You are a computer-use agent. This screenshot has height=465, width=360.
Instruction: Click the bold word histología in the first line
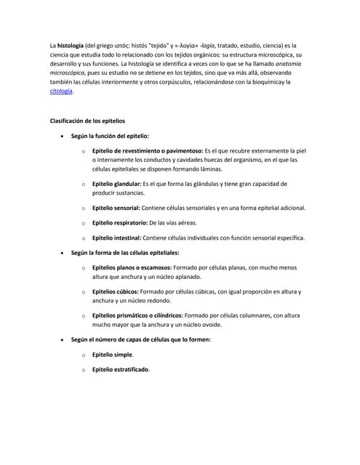click(x=71, y=45)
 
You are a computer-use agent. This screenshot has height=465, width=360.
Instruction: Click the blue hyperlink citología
click(x=60, y=92)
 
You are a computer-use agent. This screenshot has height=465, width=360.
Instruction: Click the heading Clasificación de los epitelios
click(x=87, y=120)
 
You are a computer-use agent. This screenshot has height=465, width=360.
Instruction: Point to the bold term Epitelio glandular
click(x=116, y=184)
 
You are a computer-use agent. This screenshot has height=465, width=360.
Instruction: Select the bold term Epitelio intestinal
click(x=116, y=238)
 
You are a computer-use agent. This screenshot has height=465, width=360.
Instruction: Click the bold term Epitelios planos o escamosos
click(x=138, y=268)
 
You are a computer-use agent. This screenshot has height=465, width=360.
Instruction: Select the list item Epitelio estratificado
click(x=120, y=370)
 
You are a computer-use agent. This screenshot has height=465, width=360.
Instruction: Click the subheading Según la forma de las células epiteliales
click(x=124, y=253)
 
